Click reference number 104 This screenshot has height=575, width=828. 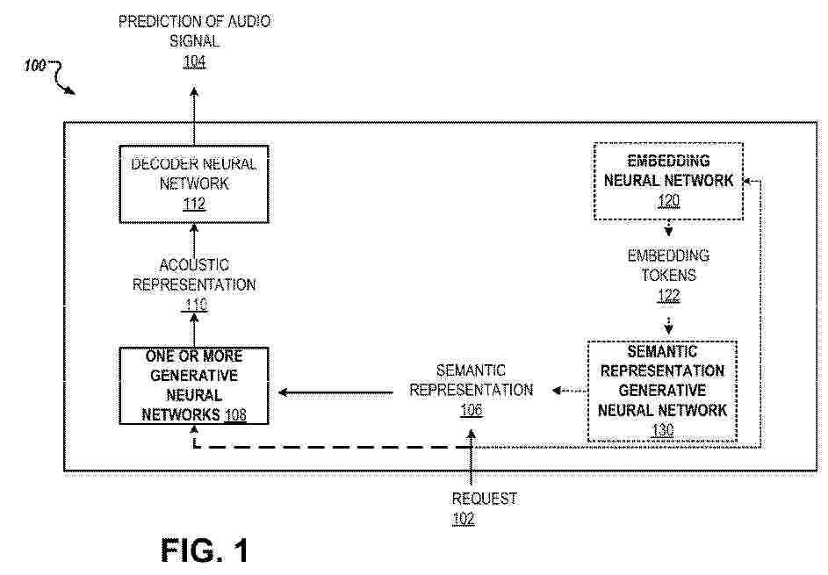[x=194, y=61]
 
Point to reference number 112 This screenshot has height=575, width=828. [x=194, y=204]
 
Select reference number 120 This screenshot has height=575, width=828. [x=668, y=201]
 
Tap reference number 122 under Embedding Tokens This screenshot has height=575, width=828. [x=668, y=296]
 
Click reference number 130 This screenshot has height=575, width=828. [x=663, y=430]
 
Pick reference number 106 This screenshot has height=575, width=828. [x=472, y=410]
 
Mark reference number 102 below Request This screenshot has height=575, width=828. [x=464, y=519]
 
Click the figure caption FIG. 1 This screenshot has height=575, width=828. [x=205, y=550]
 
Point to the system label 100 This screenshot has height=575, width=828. [x=35, y=66]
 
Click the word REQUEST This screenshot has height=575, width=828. [x=484, y=499]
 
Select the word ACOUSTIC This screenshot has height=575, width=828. [x=194, y=264]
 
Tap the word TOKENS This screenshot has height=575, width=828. [x=668, y=275]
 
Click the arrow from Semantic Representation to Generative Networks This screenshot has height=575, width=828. [x=335, y=392]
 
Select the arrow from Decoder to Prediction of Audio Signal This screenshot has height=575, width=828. [x=194, y=116]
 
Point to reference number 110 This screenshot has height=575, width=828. [x=196, y=305]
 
